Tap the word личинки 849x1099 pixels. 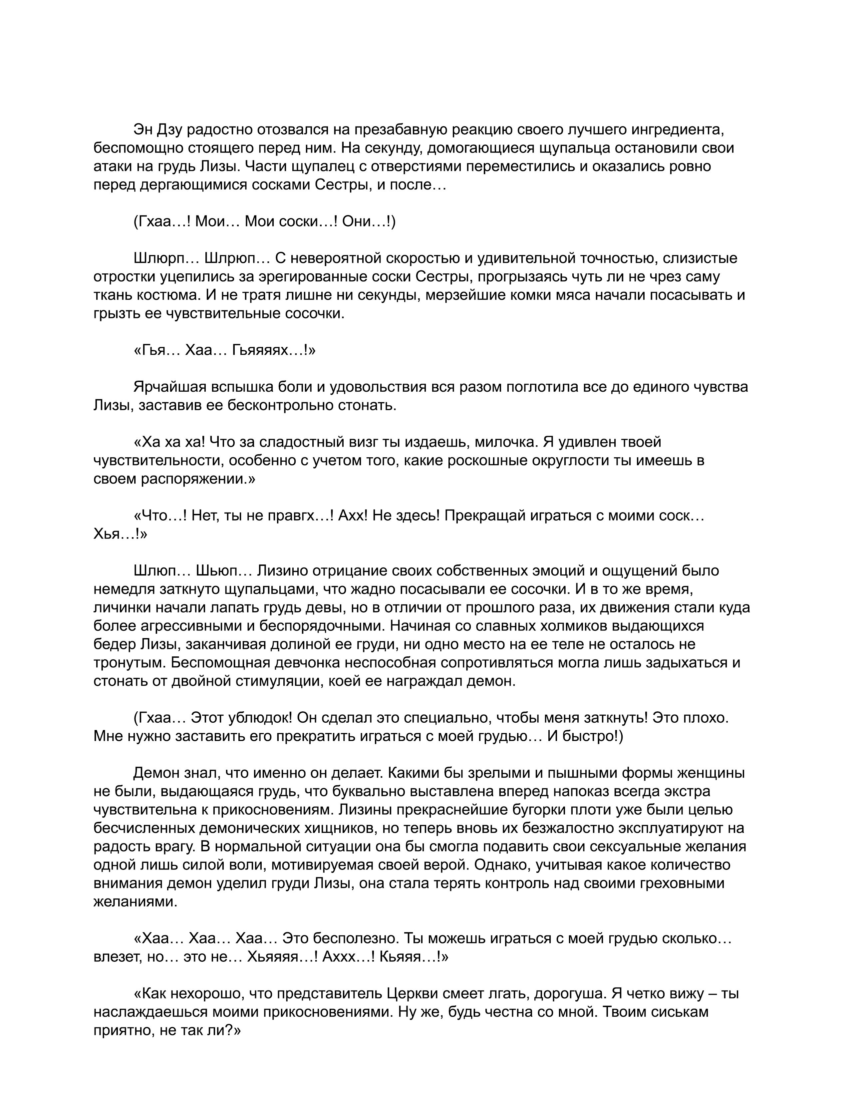click(x=117, y=607)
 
